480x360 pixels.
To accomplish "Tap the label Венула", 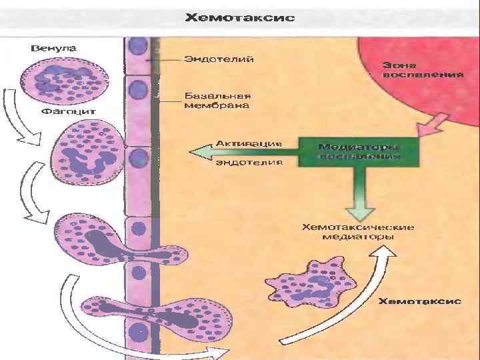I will tap(54, 48).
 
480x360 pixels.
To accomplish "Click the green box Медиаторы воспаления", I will tap(358, 151).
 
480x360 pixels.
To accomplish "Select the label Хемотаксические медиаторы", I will tap(358, 231).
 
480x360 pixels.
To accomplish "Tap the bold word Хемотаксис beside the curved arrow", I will tap(420, 301).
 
